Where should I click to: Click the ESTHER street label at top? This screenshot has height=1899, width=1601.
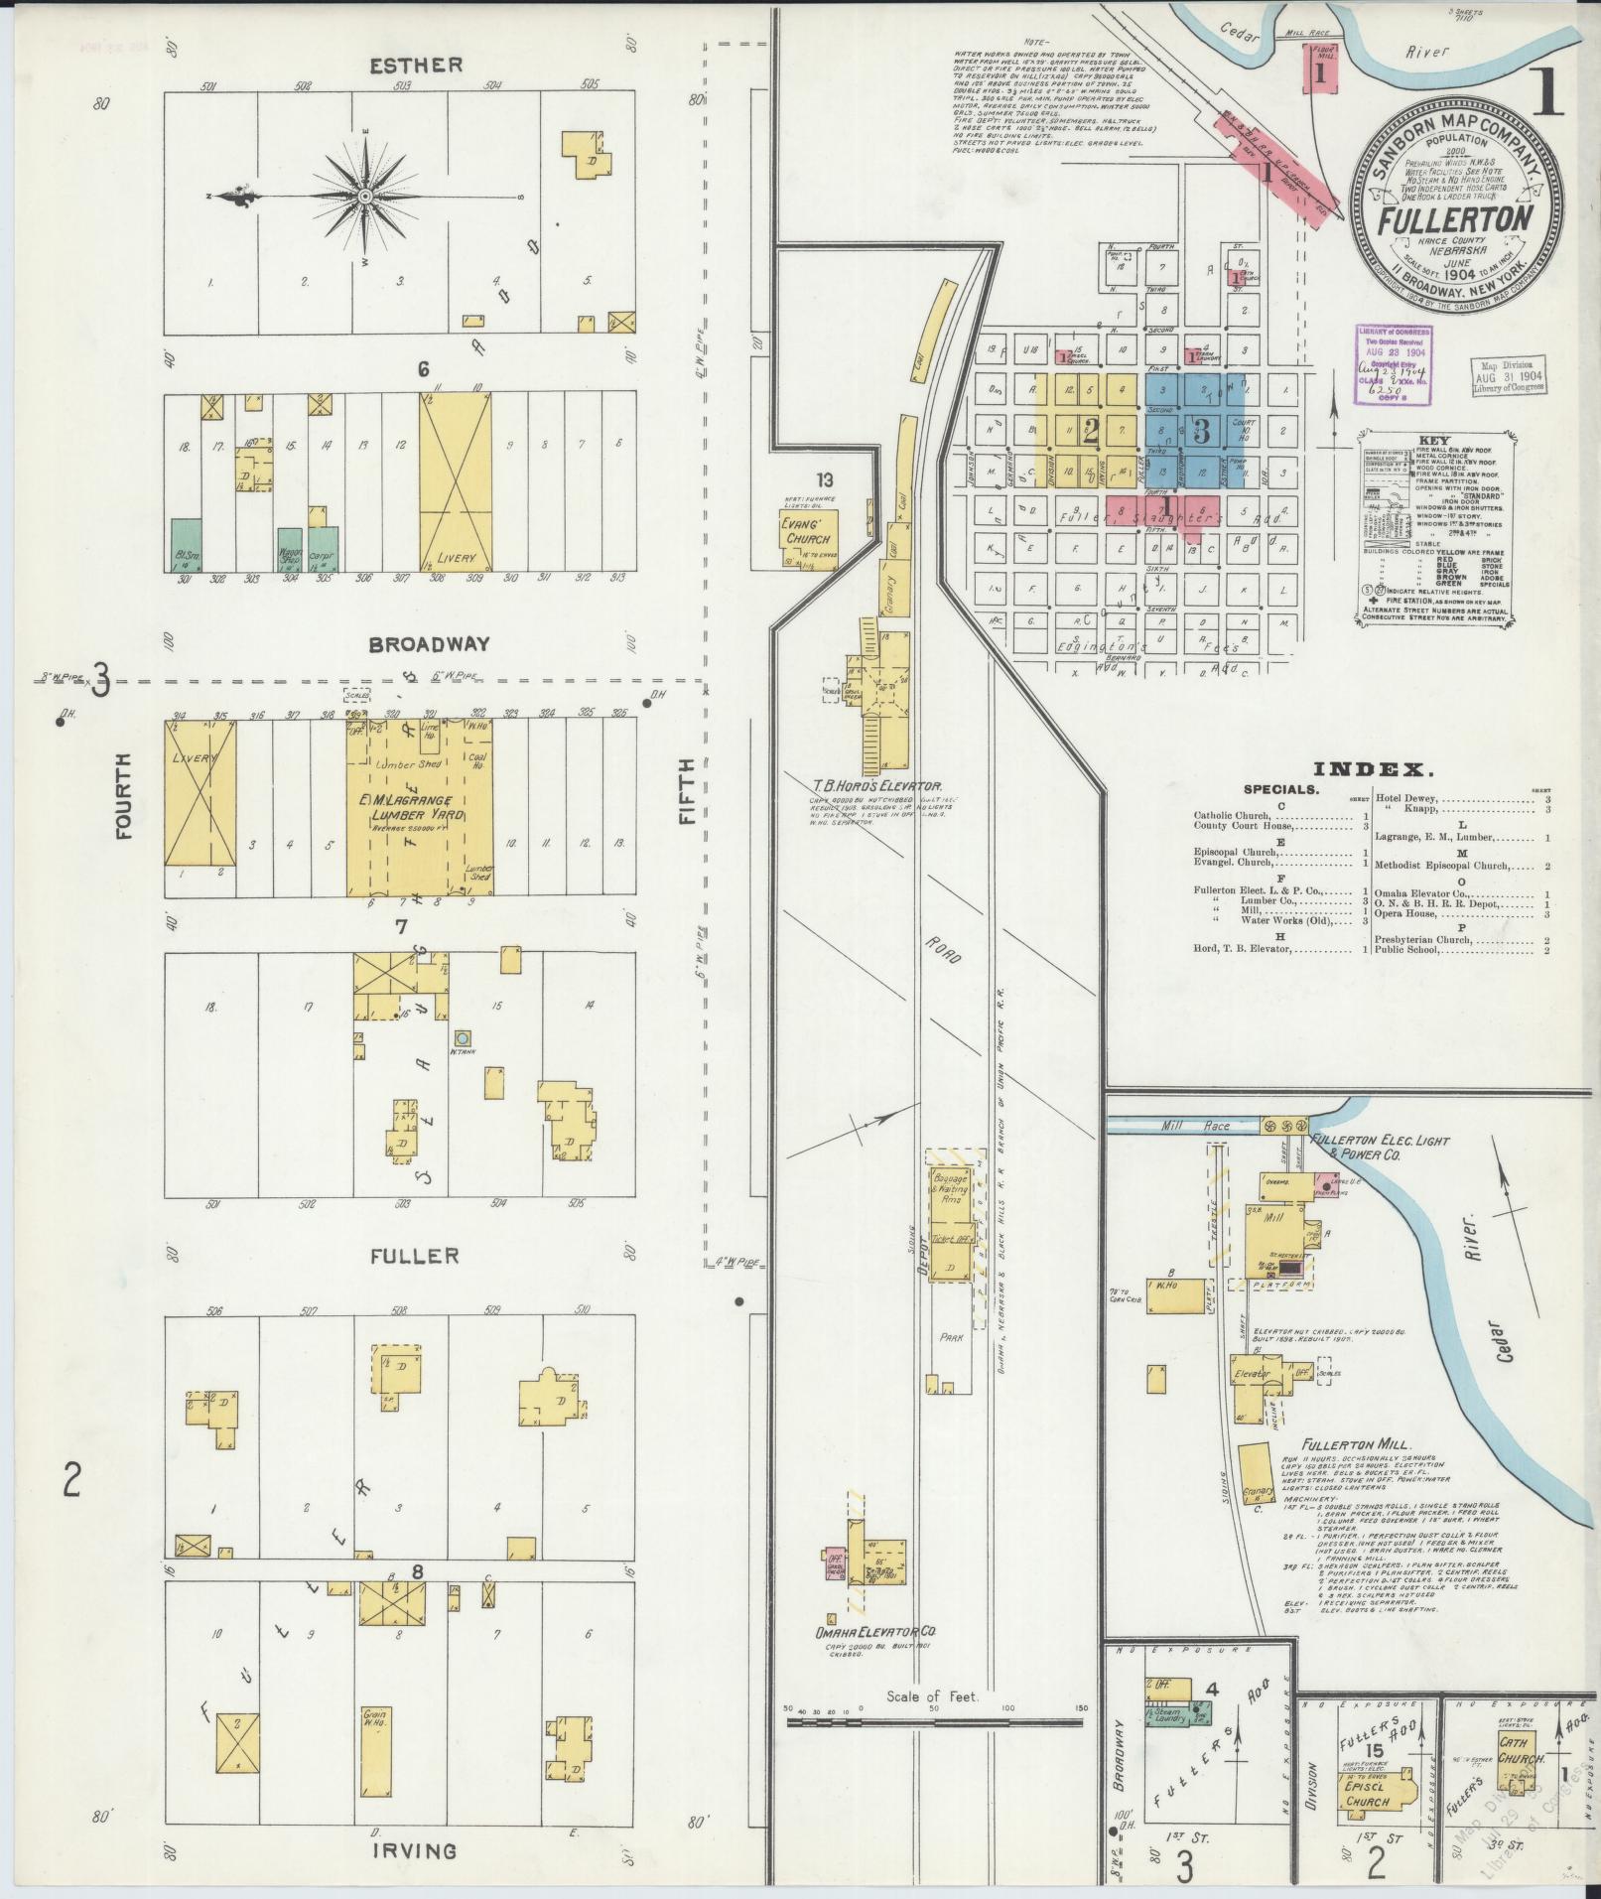coord(416,66)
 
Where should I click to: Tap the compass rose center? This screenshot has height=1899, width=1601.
coord(365,197)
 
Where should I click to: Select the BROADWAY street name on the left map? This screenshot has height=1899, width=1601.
coord(429,644)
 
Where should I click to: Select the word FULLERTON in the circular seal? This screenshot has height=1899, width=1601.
coord(1454,217)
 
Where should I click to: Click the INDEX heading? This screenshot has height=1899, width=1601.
coord(1374,769)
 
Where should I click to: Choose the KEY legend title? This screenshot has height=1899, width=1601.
coord(1434,440)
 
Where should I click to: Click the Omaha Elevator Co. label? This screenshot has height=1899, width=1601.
coord(876,1631)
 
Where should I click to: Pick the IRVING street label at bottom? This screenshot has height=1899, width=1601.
coord(415,1849)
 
